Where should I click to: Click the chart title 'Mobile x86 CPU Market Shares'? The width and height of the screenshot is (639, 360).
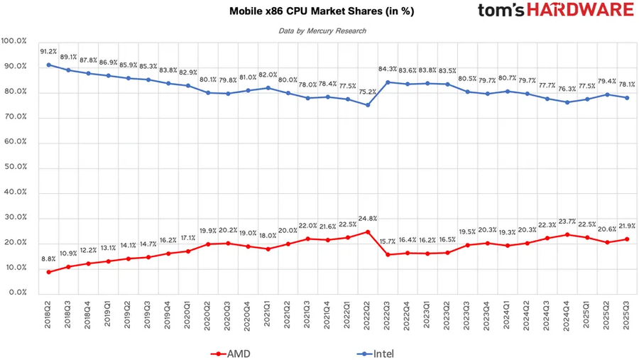(x=322, y=11)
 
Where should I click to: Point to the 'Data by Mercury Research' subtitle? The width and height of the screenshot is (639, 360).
(x=322, y=31)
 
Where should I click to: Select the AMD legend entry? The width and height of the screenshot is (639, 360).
(x=231, y=353)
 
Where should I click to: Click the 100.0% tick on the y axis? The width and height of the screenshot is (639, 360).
(x=14, y=41)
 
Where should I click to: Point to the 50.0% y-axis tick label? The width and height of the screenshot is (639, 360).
(x=16, y=167)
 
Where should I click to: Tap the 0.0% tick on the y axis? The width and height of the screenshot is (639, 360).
(x=17, y=293)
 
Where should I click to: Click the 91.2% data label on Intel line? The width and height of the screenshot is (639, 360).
(x=48, y=52)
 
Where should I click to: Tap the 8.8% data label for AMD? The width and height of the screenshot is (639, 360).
(x=48, y=260)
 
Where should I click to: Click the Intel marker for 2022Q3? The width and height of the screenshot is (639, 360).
(x=388, y=82)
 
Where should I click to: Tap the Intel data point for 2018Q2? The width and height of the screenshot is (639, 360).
(x=48, y=65)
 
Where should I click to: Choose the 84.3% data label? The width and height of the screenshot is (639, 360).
(x=388, y=69)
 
